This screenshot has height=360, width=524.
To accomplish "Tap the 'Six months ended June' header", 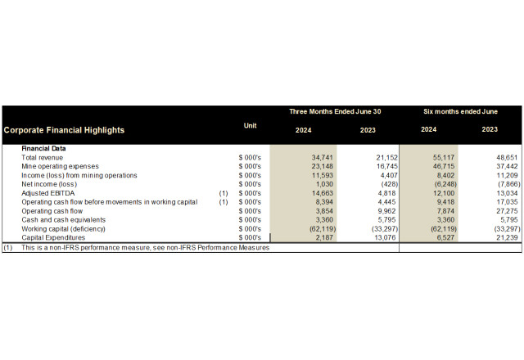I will [x=459, y=111].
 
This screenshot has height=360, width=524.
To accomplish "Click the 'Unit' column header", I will [x=250, y=125].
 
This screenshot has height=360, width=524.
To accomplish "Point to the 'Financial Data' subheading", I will [x=43, y=148].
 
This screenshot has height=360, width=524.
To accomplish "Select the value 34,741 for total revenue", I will [x=304, y=157].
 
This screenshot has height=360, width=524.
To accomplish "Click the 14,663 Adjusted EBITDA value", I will [x=304, y=193].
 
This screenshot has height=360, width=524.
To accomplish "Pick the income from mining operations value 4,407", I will [x=367, y=175].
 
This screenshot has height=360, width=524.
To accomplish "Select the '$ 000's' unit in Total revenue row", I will [x=249, y=157].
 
